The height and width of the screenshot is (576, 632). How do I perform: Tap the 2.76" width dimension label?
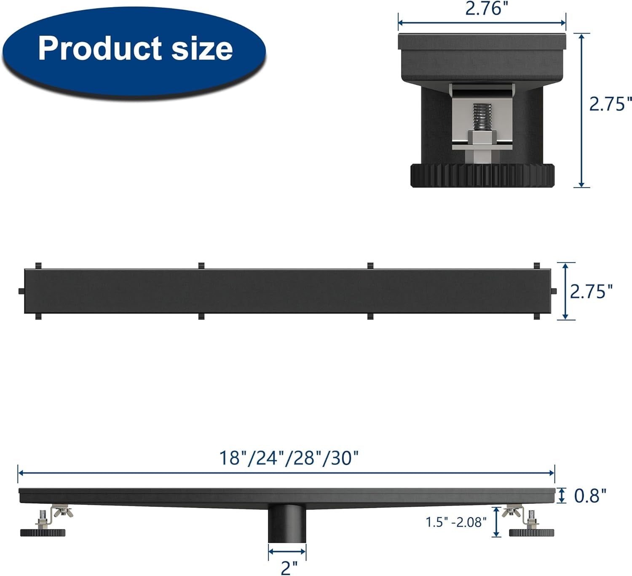click(x=483, y=8)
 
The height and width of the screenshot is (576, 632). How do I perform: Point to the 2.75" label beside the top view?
click(x=591, y=291)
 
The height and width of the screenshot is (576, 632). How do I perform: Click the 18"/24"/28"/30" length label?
click(x=289, y=458)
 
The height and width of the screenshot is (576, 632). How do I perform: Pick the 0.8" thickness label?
click(x=590, y=496)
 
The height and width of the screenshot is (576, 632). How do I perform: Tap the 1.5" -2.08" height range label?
click(x=456, y=522)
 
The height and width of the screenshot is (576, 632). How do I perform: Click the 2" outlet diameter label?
click(x=289, y=568)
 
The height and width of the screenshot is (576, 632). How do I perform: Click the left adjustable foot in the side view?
click(x=43, y=532)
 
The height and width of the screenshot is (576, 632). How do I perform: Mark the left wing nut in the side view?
click(x=62, y=512)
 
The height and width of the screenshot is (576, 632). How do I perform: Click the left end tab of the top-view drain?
click(x=21, y=291)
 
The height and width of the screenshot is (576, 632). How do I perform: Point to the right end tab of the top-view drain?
click(x=554, y=291)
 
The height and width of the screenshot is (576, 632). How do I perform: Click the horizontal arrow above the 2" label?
click(x=287, y=552)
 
